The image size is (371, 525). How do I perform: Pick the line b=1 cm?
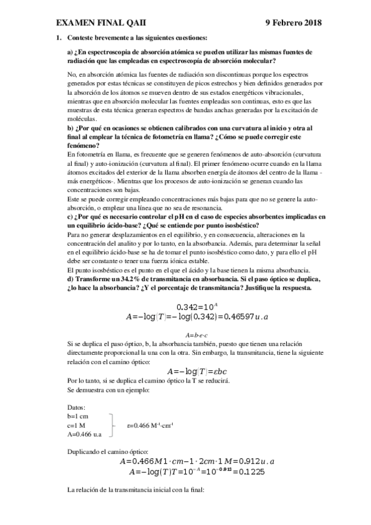click(x=79, y=417)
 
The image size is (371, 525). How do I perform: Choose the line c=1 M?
click(x=77, y=426)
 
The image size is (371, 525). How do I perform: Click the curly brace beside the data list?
click(x=113, y=426)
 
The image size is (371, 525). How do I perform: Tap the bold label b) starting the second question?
click(x=70, y=128)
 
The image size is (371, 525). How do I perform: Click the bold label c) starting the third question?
click(x=69, y=217)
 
